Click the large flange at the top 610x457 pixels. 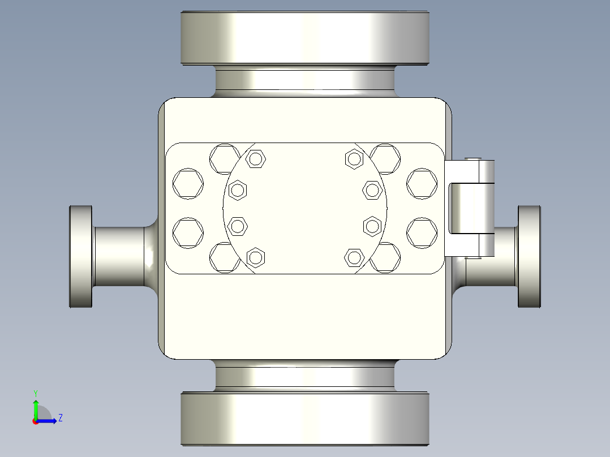[x=305, y=38]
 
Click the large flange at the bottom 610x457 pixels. [x=305, y=419]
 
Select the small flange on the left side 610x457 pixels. [x=81, y=257]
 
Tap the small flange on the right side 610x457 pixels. [x=529, y=257]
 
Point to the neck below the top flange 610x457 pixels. [x=305, y=81]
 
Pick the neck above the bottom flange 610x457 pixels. [x=305, y=376]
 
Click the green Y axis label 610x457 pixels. [x=36, y=393]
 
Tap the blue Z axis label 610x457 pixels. [x=61, y=418]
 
